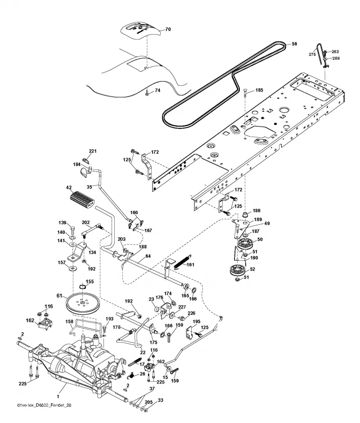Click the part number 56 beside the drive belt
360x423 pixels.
[x=294, y=44]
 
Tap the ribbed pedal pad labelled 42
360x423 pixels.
[x=81, y=200]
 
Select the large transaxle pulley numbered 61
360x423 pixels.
[x=82, y=304]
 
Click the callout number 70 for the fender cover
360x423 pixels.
[x=168, y=29]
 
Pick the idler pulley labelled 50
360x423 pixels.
[x=245, y=244]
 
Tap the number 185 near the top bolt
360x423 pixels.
[x=259, y=90]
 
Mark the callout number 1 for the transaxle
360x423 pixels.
[x=58, y=396]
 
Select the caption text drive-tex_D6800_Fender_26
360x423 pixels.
[x=44, y=405]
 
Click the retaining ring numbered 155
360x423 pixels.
[x=82, y=286]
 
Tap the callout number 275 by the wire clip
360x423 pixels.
[x=312, y=54]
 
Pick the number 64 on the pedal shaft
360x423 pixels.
[x=148, y=256]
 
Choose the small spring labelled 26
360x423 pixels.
[x=131, y=375]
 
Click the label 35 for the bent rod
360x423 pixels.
[x=90, y=187]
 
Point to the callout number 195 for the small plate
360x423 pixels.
[x=196, y=321]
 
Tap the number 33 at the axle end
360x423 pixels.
[x=160, y=400]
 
